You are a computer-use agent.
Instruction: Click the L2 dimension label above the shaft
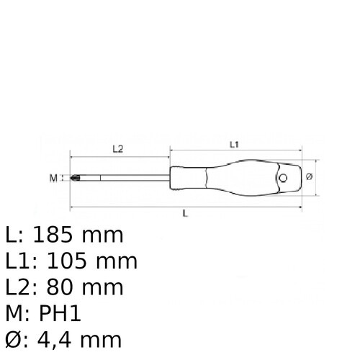coord(119,149)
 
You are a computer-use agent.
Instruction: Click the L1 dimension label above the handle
coord(234,145)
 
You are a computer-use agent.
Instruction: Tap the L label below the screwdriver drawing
coord(186,215)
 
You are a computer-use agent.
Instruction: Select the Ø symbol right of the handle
coord(308,176)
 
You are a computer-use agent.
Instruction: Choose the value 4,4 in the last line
coord(60,338)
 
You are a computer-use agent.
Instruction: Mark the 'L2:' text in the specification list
coord(22,287)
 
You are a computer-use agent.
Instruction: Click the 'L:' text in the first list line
coord(14,235)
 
